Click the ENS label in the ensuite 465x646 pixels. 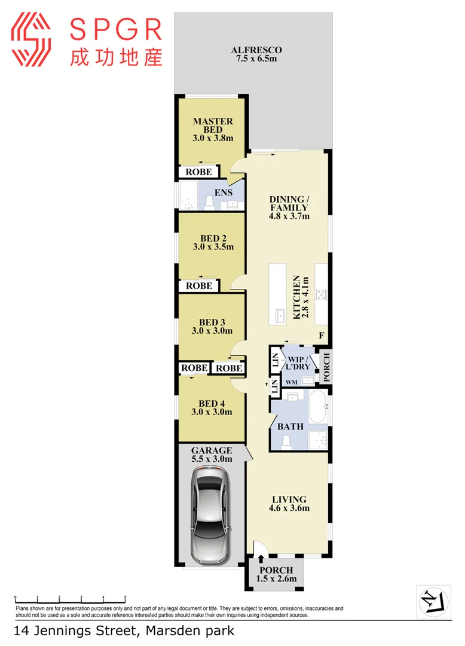[223, 193]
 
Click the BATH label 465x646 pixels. [290, 426]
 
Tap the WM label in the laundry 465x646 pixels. [291, 382]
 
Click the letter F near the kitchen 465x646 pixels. [321, 336]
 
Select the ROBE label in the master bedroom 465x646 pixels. [198, 172]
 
